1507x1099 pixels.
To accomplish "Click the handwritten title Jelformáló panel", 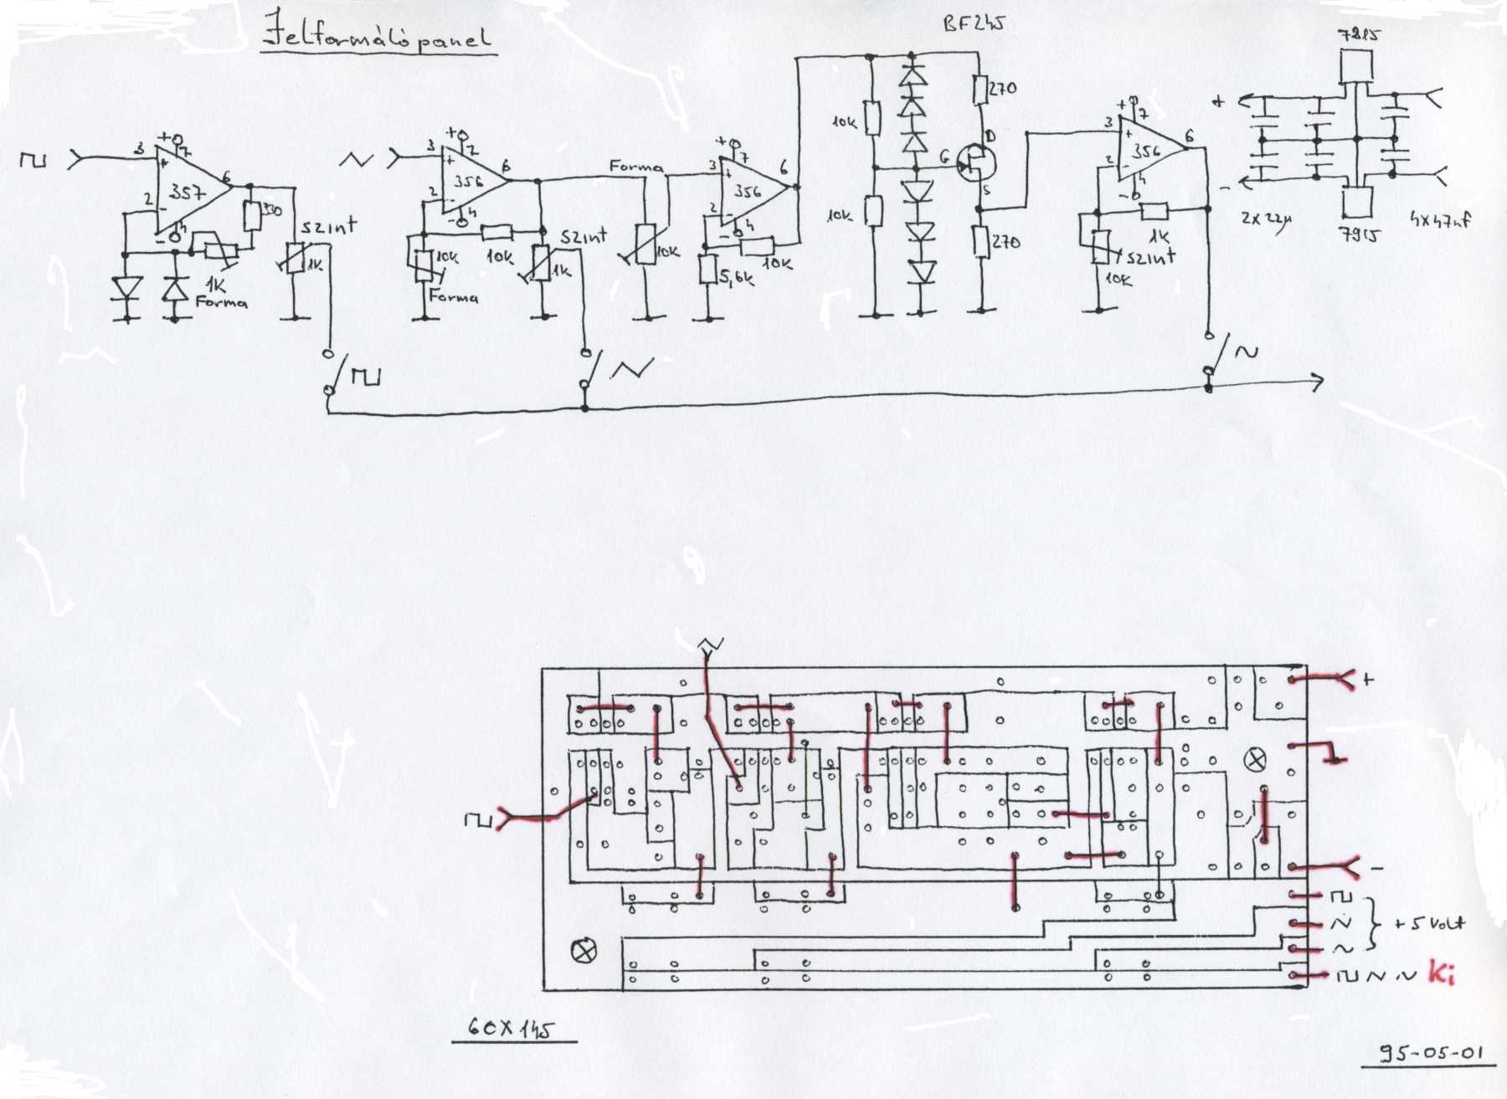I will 377,33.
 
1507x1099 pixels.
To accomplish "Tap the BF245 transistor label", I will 973,23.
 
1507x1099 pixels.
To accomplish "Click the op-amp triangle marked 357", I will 188,192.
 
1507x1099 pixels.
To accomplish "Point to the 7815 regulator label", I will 1359,34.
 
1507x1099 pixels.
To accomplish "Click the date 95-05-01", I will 1431,1052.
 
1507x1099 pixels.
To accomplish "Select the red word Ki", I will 1441,973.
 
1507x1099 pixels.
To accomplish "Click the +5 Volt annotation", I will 1429,923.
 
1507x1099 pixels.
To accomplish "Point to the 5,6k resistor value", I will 737,276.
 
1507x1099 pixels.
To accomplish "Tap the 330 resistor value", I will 271,209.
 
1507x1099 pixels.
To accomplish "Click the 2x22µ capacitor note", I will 1266,219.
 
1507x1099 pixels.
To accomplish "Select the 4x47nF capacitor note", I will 1440,220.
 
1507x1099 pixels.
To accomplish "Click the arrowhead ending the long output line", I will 1317,383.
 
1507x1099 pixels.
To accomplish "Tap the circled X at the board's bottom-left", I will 584,951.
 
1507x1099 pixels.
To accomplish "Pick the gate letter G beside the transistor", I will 944,157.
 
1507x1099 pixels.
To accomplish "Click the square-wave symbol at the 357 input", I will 33,158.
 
